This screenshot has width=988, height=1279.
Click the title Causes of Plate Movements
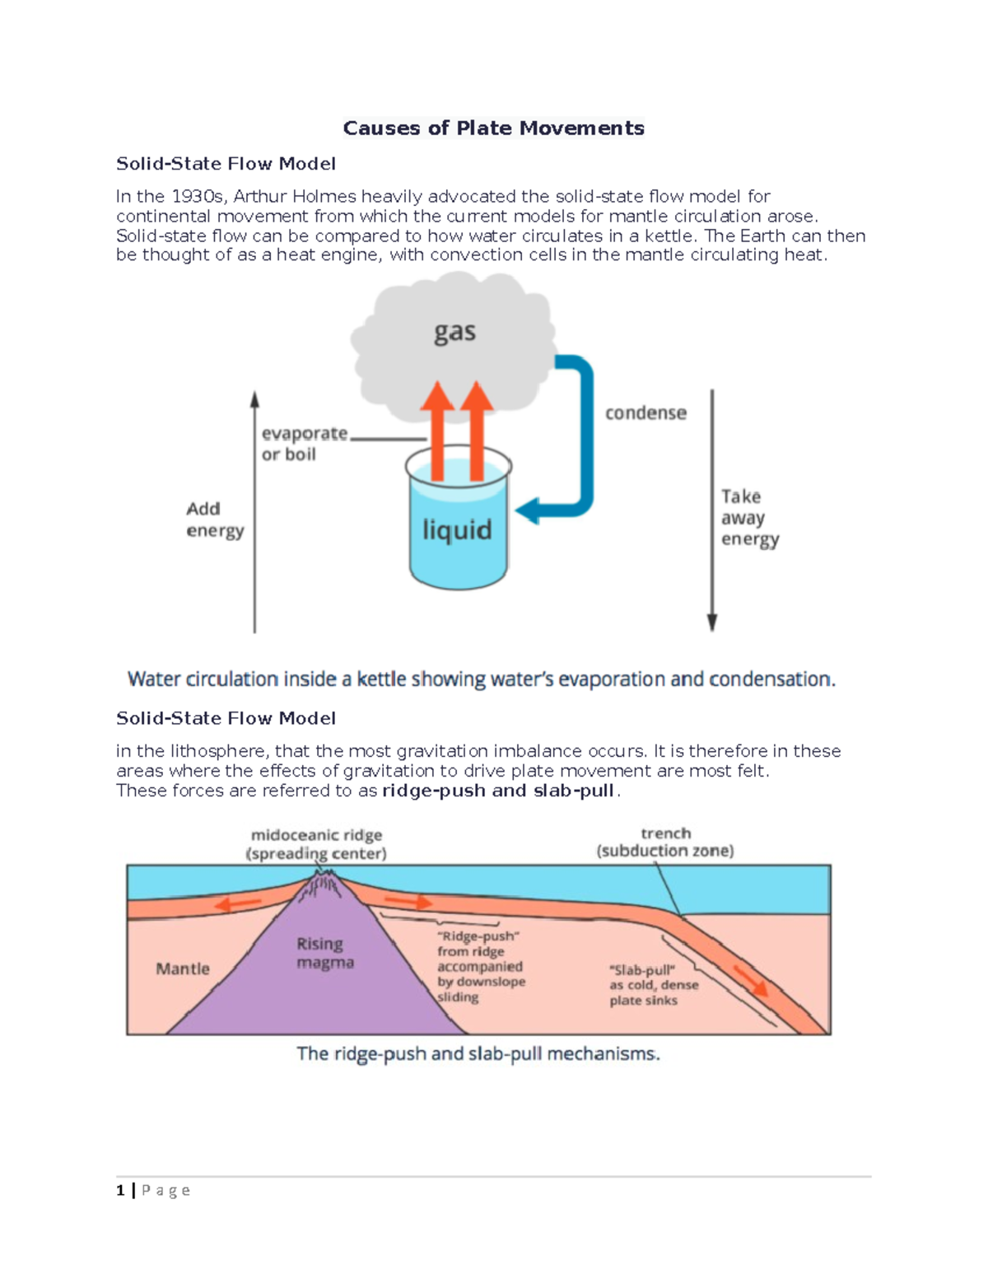(493, 128)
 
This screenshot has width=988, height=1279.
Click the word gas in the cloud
(454, 333)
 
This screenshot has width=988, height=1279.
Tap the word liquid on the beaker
(457, 530)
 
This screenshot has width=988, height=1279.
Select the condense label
(645, 413)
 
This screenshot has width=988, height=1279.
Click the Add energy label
(214, 520)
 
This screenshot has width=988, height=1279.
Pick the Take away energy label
(749, 518)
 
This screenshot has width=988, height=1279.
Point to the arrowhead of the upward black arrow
(255, 399)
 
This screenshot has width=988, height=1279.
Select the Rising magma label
(325, 953)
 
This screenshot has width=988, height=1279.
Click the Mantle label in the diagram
(183, 969)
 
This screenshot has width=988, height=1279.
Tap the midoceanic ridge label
(316, 844)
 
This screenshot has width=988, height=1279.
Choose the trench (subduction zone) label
(665, 843)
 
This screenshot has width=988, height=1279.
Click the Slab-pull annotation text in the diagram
(653, 985)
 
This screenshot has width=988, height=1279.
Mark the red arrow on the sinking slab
(750, 980)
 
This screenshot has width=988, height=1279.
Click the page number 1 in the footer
(120, 1190)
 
